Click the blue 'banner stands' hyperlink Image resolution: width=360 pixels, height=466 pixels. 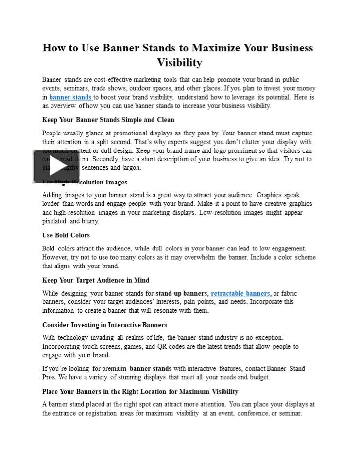pos(70,97)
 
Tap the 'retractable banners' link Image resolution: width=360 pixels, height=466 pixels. pos(240,293)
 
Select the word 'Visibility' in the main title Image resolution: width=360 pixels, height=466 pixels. pos(179,63)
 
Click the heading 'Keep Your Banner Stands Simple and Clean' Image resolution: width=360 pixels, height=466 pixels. pos(108,120)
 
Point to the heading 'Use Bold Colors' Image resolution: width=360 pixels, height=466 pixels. pos(66,235)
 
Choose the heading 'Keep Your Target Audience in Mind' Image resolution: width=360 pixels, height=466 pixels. pos(96,280)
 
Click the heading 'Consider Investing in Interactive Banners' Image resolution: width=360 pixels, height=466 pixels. pos(104,325)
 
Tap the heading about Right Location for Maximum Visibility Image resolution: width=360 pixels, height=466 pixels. pos(140,391)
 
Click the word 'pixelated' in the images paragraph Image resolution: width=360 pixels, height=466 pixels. pos(54,221)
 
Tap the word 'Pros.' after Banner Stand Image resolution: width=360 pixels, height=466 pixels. pos(50,377)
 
